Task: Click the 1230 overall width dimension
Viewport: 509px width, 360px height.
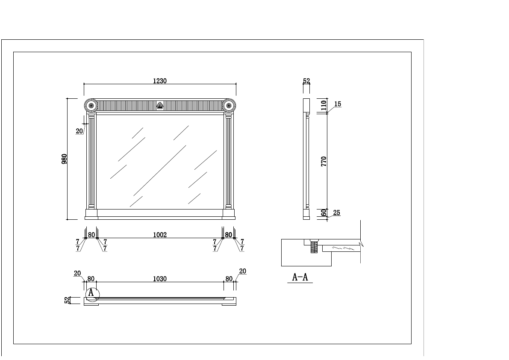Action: [159, 81]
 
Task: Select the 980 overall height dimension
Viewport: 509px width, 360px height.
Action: [65, 159]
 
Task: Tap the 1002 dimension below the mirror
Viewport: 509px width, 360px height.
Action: [159, 235]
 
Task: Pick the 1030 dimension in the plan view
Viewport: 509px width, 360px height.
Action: [159, 279]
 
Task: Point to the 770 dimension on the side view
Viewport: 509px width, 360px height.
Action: [324, 161]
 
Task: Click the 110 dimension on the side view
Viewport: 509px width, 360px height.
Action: [324, 105]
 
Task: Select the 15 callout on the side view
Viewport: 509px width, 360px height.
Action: [338, 104]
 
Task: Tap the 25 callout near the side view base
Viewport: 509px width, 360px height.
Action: [337, 212]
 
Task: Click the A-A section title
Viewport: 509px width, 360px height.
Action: [300, 277]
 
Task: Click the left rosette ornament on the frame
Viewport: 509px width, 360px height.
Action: [91, 105]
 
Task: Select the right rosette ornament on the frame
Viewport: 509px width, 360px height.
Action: [229, 105]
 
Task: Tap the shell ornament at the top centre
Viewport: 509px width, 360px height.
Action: [160, 105]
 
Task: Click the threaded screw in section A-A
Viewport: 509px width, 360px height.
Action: [314, 247]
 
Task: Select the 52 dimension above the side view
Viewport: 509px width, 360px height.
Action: [306, 81]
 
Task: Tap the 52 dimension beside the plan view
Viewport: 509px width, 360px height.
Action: [67, 300]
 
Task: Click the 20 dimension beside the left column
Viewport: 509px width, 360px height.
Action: [79, 131]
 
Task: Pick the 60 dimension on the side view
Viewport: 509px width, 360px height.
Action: [324, 212]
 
